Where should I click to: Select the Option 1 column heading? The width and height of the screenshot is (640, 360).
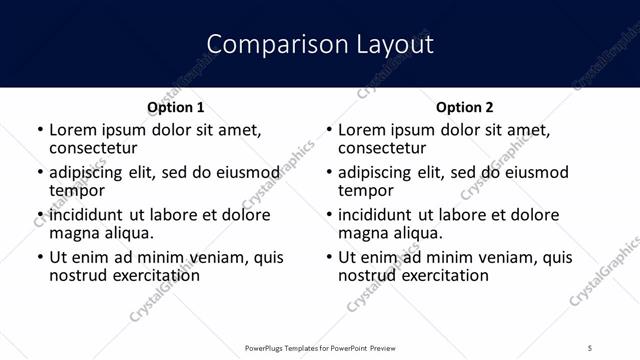(x=176, y=107)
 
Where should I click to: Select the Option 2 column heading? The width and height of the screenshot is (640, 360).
(x=465, y=107)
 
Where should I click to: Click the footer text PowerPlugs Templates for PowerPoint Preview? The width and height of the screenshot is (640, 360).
(x=320, y=347)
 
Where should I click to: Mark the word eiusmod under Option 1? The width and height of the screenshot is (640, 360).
(x=248, y=172)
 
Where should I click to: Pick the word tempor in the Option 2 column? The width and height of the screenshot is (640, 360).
(x=366, y=190)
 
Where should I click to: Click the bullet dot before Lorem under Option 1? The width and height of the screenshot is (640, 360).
(x=40, y=130)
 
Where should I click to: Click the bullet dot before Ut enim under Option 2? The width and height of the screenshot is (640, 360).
(x=329, y=258)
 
